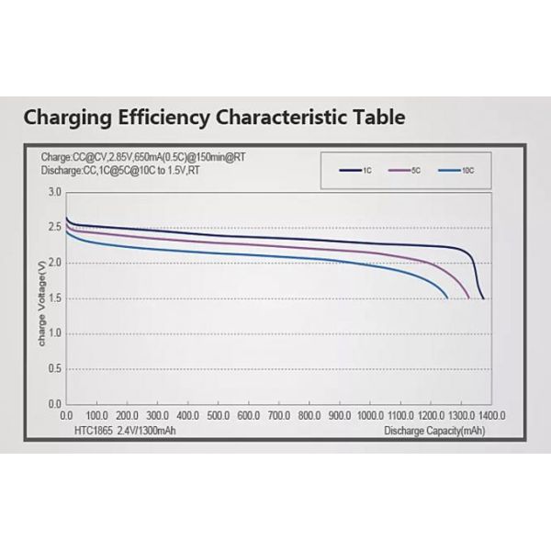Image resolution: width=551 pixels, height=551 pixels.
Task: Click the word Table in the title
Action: point(372,118)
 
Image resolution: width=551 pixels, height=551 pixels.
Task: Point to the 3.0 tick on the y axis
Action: point(54,192)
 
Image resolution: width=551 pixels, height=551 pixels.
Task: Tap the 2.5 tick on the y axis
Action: point(54,228)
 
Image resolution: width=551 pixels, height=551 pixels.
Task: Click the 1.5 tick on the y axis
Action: point(54,298)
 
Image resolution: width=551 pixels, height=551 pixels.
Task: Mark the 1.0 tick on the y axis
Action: point(54,333)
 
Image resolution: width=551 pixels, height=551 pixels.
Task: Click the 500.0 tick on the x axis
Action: point(218,415)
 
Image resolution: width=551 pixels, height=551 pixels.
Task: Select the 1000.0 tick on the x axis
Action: point(369,415)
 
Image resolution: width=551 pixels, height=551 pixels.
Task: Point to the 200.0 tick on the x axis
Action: point(127,415)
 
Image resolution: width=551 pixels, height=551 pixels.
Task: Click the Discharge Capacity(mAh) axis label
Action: point(434,428)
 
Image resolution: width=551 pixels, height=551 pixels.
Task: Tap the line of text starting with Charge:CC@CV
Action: point(142,157)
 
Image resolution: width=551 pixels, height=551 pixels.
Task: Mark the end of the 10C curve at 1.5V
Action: point(447,298)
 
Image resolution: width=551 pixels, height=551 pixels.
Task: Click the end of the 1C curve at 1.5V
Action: point(483,298)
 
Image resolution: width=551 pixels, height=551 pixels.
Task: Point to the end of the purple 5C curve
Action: point(469,298)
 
